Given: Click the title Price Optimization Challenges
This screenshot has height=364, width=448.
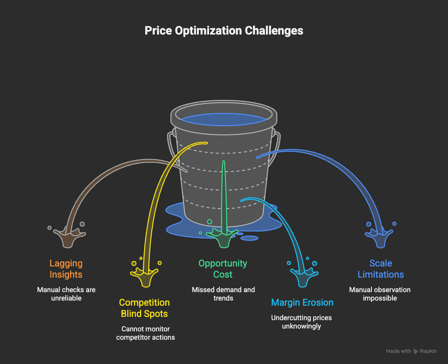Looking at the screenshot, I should (224, 31).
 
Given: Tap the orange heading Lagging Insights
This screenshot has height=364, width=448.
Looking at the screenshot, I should (66, 269).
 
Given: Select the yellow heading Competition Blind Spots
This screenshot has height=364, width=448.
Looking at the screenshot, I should (144, 308).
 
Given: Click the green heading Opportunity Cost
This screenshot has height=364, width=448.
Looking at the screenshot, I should (223, 269).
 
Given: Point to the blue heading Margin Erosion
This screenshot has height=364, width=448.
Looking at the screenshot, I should (302, 302).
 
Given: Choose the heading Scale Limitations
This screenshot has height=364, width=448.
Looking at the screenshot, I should (380, 269).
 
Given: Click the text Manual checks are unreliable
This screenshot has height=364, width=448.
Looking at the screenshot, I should (66, 294).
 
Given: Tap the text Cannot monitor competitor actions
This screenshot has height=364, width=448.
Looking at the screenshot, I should (144, 333).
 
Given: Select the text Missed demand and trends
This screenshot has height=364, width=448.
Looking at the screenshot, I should (223, 294).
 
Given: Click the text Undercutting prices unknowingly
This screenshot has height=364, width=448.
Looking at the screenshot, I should (302, 322).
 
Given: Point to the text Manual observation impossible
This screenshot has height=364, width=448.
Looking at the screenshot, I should (380, 294).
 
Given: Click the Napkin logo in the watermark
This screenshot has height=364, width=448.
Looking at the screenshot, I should (416, 351).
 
